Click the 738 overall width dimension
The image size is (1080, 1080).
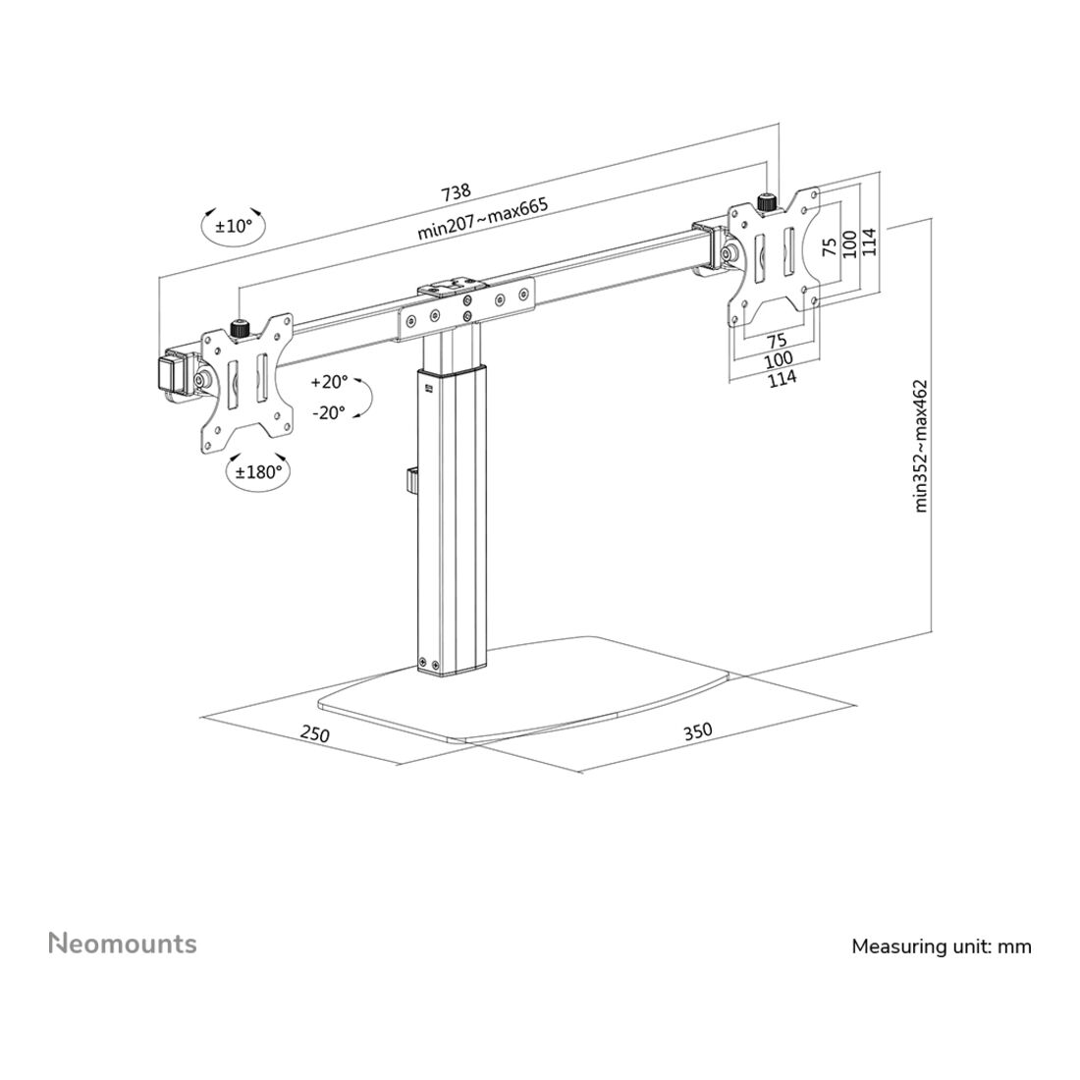456,192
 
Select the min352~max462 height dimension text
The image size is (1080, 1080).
922,447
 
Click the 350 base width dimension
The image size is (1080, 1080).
698,730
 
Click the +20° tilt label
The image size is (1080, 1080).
329,382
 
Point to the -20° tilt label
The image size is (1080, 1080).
329,412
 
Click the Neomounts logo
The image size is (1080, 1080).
123,944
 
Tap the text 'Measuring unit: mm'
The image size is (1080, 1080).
942,946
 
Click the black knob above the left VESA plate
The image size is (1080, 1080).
239,329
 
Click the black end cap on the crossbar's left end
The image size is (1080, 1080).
167,373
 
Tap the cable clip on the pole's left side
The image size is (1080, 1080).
410,481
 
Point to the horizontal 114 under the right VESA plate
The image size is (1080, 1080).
782,377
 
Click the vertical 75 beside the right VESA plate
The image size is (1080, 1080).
831,245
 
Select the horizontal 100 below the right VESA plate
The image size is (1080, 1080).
779,358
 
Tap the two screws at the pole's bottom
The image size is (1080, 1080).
428,663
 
